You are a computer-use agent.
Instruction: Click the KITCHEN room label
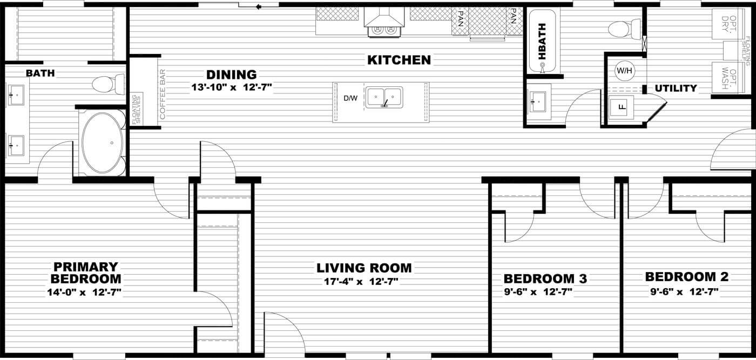[399, 60]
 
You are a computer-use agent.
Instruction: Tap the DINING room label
[232, 74]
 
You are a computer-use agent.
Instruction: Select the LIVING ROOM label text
[364, 268]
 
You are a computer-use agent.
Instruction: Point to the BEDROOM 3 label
[545, 279]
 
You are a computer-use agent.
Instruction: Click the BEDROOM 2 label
[687, 277]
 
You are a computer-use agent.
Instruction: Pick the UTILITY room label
[676, 88]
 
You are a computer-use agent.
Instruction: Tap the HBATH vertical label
[542, 42]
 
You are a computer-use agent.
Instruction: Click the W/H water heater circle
[625, 71]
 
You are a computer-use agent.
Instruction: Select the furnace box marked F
[621, 107]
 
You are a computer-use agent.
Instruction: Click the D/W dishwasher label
[350, 98]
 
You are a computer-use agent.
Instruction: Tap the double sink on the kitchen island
[384, 98]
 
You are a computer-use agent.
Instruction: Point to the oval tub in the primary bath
[102, 142]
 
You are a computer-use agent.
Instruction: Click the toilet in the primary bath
[109, 84]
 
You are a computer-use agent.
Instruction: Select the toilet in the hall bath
[624, 29]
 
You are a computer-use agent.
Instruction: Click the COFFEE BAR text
[163, 94]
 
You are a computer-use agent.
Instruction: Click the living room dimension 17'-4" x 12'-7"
[361, 281]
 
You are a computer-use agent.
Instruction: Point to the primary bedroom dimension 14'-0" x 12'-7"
[84, 292]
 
